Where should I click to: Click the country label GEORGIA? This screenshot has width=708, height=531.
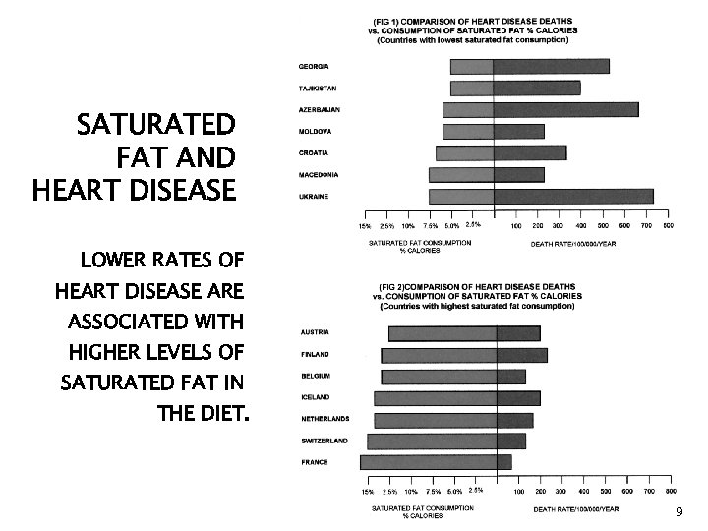click(x=315, y=66)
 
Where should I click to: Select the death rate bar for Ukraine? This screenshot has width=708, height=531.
click(x=573, y=197)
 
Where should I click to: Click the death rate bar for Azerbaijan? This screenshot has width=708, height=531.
click(x=565, y=109)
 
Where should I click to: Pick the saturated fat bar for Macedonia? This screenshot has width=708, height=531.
click(x=461, y=175)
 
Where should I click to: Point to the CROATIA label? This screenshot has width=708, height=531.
click(x=314, y=153)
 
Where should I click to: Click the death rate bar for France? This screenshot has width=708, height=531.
click(x=504, y=462)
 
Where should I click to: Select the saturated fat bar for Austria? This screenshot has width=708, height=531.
click(x=442, y=333)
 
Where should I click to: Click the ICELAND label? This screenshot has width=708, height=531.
click(x=315, y=397)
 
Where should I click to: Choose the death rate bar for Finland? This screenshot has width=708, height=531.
click(x=522, y=355)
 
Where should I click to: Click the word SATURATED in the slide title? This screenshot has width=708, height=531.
click(x=156, y=126)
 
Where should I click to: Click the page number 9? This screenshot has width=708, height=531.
click(x=678, y=514)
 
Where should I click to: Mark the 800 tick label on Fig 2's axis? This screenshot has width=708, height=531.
click(x=671, y=491)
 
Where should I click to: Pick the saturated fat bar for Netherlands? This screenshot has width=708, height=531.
click(x=436, y=419)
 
